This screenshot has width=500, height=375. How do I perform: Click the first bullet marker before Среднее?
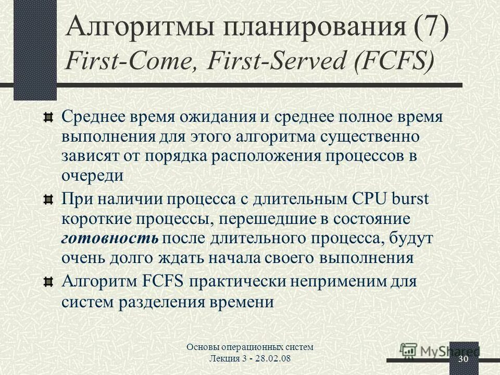[x=47, y=116]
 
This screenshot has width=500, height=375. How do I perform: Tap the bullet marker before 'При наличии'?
[x=47, y=199]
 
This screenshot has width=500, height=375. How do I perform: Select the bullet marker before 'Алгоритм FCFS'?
[x=47, y=282]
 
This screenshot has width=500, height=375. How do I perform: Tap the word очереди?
[x=92, y=175]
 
